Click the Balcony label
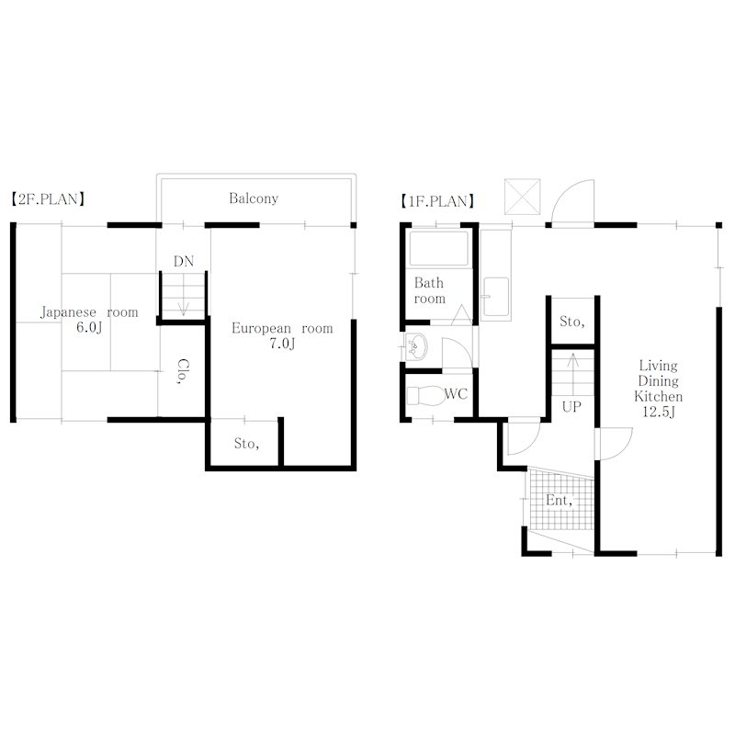coord(254,198)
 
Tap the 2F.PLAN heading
coord(48,199)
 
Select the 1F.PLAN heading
coord(437,201)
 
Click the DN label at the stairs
coord(184,261)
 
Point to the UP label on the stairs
coord(571,407)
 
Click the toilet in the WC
coord(424,396)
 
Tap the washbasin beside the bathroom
coord(415,347)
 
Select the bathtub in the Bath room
coord(439,248)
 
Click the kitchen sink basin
coord(496,296)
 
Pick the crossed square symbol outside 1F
coord(523,197)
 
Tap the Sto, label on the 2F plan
coord(246,444)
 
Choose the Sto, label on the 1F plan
coord(571,322)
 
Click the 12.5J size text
coord(659,412)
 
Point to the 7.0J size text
coord(282,344)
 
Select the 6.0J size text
coord(89,327)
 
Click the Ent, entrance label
coord(560,501)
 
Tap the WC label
coord(456,394)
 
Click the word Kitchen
coord(659,397)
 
